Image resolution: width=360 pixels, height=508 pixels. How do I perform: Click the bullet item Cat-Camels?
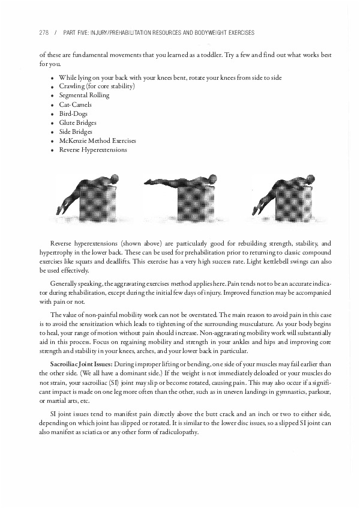coord(75,104)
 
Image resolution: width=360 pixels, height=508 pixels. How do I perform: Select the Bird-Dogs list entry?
coord(73,113)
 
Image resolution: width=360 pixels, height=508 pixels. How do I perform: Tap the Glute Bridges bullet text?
coord(77,122)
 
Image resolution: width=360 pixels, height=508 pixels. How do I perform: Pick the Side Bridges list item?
coord(76,132)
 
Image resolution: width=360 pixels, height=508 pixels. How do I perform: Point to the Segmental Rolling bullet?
coord(84,95)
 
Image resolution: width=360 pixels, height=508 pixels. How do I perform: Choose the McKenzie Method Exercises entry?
coord(97,141)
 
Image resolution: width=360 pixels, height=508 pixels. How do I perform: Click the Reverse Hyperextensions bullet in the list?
coord(93,150)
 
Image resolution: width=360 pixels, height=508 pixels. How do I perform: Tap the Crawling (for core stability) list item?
coord(97,86)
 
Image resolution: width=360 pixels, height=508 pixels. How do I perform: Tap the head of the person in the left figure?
coord(115,180)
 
